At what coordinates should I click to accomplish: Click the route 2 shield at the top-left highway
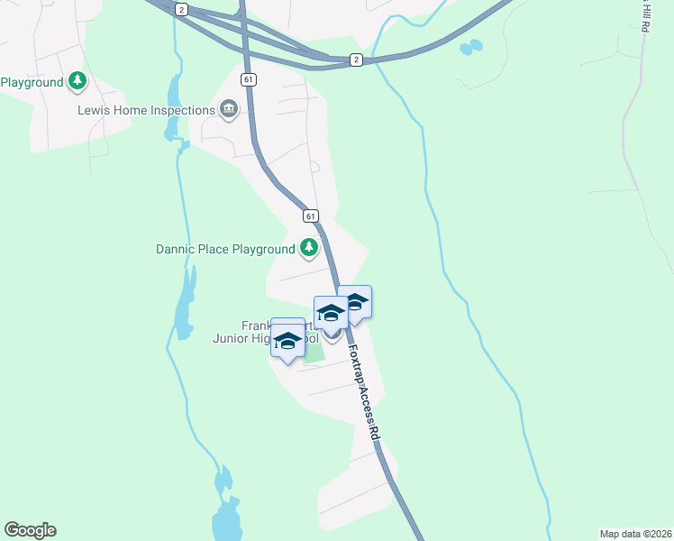(182, 9)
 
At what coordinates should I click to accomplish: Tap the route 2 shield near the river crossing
(357, 60)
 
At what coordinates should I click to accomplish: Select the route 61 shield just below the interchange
(248, 79)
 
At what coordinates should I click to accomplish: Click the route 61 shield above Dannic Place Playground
(310, 216)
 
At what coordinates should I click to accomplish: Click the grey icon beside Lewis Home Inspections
(229, 110)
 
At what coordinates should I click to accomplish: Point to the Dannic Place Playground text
(225, 248)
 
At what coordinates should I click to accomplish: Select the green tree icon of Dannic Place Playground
(309, 247)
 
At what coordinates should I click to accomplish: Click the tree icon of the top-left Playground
(78, 82)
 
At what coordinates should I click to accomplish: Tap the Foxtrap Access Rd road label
(362, 390)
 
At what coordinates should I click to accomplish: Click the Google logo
(30, 530)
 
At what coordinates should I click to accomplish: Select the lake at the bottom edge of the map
(225, 514)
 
